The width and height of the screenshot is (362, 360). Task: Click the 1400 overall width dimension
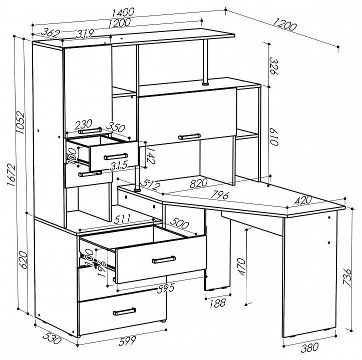click(123, 12)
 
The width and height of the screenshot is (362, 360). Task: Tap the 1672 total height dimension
click(11, 175)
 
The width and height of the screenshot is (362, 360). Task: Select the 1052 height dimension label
click(20, 122)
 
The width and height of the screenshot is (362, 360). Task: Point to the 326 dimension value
click(274, 66)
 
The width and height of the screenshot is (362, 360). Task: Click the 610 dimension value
click(274, 136)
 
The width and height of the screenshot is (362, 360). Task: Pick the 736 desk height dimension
click(347, 277)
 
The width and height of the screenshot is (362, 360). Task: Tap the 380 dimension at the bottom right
click(310, 347)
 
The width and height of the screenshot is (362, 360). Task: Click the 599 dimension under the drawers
click(128, 341)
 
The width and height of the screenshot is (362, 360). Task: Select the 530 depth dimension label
click(52, 338)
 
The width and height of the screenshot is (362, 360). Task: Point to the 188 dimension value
click(217, 303)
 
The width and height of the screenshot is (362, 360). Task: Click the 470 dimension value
click(241, 267)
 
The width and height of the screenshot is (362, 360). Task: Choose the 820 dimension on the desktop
click(199, 183)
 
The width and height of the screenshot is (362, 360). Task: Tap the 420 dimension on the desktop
click(303, 200)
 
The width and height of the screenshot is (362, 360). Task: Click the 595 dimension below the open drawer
click(166, 288)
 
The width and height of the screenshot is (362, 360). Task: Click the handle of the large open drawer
click(164, 259)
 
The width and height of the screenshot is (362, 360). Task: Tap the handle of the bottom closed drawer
click(125, 311)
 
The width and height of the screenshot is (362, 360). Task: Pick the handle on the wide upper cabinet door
click(189, 136)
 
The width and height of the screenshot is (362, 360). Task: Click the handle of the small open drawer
click(116, 156)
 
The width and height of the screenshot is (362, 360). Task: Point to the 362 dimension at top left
click(51, 32)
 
